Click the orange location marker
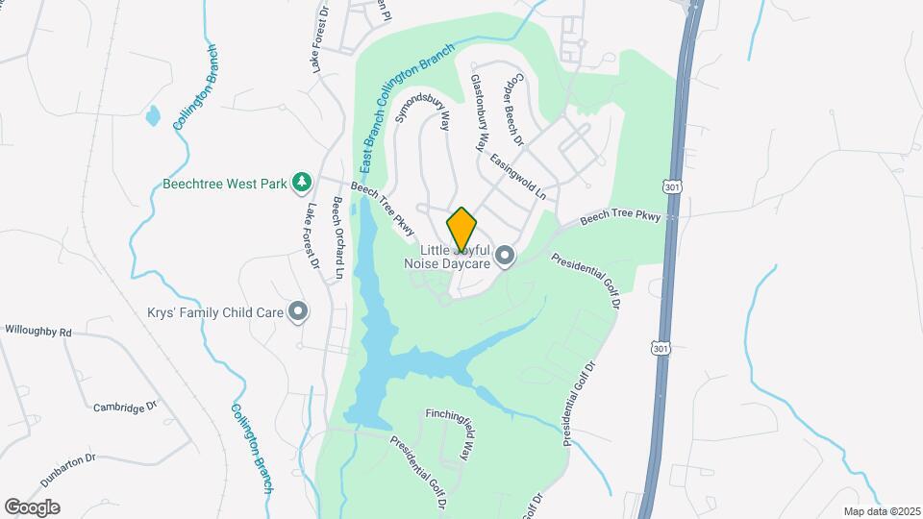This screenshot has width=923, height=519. coord(461,229)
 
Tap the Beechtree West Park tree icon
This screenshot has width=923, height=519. coord(302,182)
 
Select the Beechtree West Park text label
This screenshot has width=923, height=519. coord(224,183)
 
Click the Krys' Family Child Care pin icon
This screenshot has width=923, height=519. coord(299,309)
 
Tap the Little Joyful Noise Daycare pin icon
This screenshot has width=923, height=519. coord(506,256)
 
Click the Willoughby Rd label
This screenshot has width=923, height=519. coord(38,331)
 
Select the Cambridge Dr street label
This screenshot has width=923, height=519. coord(124,407)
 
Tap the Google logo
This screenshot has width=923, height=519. coord(32,507)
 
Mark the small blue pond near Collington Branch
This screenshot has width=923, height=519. coord(153,117)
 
